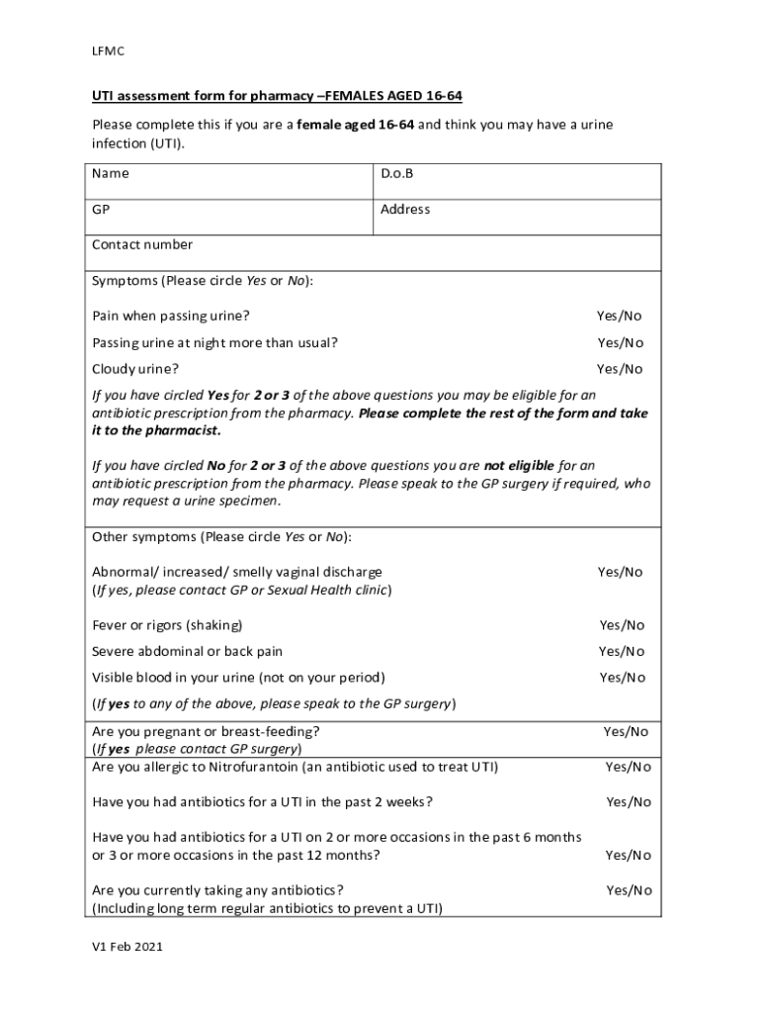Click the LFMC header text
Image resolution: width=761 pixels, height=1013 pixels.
107,50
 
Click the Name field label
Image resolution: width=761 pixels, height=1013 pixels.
111,173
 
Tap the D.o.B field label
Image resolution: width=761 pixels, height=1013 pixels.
397,173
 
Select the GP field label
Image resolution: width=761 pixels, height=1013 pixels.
101,210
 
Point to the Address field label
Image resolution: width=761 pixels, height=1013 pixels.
405,210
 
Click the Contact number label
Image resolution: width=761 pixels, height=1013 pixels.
142,244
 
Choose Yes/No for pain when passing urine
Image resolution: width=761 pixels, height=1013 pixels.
619,316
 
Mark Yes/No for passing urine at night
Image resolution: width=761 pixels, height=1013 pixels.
620,342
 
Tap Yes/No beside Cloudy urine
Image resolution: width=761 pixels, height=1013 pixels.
620,369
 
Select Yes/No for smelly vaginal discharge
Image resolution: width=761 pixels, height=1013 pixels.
620,572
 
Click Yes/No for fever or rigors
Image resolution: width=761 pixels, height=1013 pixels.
622,625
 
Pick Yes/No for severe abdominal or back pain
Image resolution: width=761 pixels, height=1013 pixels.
622,651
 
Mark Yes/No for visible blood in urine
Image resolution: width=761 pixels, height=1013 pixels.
623,678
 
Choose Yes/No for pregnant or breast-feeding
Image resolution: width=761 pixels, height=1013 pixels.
626,732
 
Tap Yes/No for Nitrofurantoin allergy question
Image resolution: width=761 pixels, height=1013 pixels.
629,767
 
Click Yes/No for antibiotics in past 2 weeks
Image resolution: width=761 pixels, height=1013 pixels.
629,801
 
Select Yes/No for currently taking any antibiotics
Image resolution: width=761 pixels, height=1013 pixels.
629,890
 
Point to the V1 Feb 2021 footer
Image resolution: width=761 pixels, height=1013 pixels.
127,947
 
